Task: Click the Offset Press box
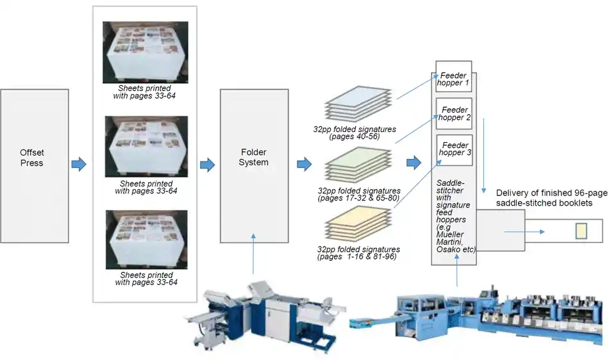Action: (31, 158)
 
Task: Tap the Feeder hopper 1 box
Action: (454, 79)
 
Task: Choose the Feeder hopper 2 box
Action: (455, 114)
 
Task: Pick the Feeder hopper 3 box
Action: (455, 150)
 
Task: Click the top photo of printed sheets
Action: (146, 53)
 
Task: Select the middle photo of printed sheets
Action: (146, 147)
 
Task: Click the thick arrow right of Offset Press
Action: (78, 165)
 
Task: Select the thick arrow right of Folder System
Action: (304, 165)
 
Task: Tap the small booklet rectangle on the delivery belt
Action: (581, 231)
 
